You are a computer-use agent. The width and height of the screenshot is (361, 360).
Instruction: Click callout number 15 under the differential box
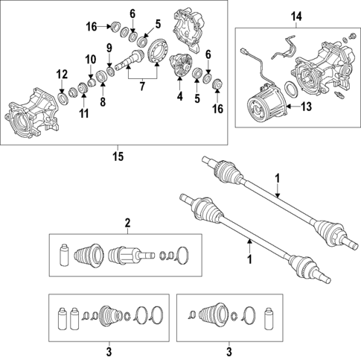click(x=117, y=157)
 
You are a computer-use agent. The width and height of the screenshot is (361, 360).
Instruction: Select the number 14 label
click(x=297, y=16)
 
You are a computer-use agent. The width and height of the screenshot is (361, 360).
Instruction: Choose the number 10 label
click(x=89, y=59)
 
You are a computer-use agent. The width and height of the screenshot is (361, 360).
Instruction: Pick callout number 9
click(x=109, y=49)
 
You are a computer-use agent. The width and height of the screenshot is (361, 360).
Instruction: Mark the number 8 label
click(x=103, y=101)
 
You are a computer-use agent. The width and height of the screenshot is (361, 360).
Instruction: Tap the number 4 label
click(x=179, y=95)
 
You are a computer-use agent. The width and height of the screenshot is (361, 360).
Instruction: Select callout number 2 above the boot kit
click(x=127, y=222)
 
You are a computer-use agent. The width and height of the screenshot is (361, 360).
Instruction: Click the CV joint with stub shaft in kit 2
click(x=125, y=255)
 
